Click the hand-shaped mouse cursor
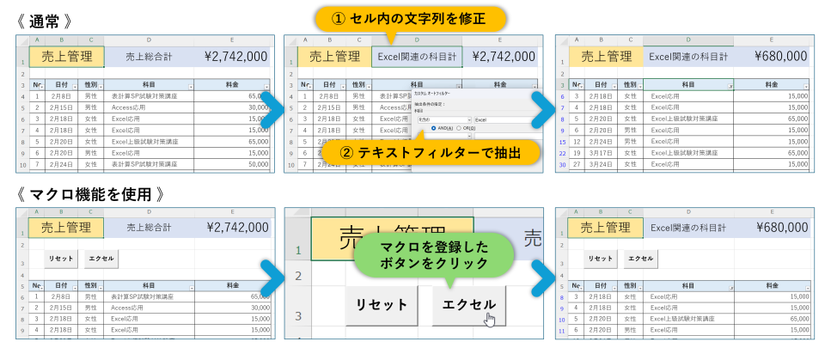pyautogui.click(x=490, y=320)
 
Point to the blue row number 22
pyautogui.click(x=562, y=152)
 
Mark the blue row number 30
pyautogui.click(x=562, y=163)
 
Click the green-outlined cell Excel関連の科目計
pyautogui.click(x=417, y=57)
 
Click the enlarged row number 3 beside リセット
pyautogui.click(x=300, y=315)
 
